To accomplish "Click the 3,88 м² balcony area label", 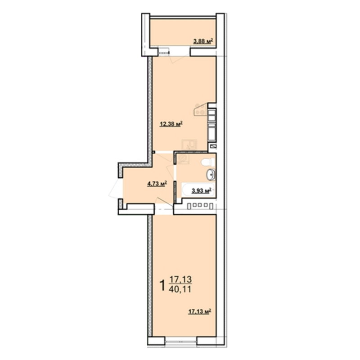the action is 203,41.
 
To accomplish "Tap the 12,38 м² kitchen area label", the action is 171,124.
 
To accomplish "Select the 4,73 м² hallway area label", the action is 157,184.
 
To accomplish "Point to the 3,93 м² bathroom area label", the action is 201,190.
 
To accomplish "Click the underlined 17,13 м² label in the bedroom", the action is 199,311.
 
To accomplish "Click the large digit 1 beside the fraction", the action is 162,285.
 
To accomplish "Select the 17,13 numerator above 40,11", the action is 180,279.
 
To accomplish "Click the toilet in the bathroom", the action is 208,162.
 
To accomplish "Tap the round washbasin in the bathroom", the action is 211,175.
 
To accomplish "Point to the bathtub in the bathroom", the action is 198,189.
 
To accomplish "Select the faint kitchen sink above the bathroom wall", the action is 189,144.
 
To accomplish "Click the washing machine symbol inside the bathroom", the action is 183,159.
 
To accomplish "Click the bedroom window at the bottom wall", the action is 181,341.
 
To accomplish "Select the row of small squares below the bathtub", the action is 200,206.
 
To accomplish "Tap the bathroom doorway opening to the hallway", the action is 175,173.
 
